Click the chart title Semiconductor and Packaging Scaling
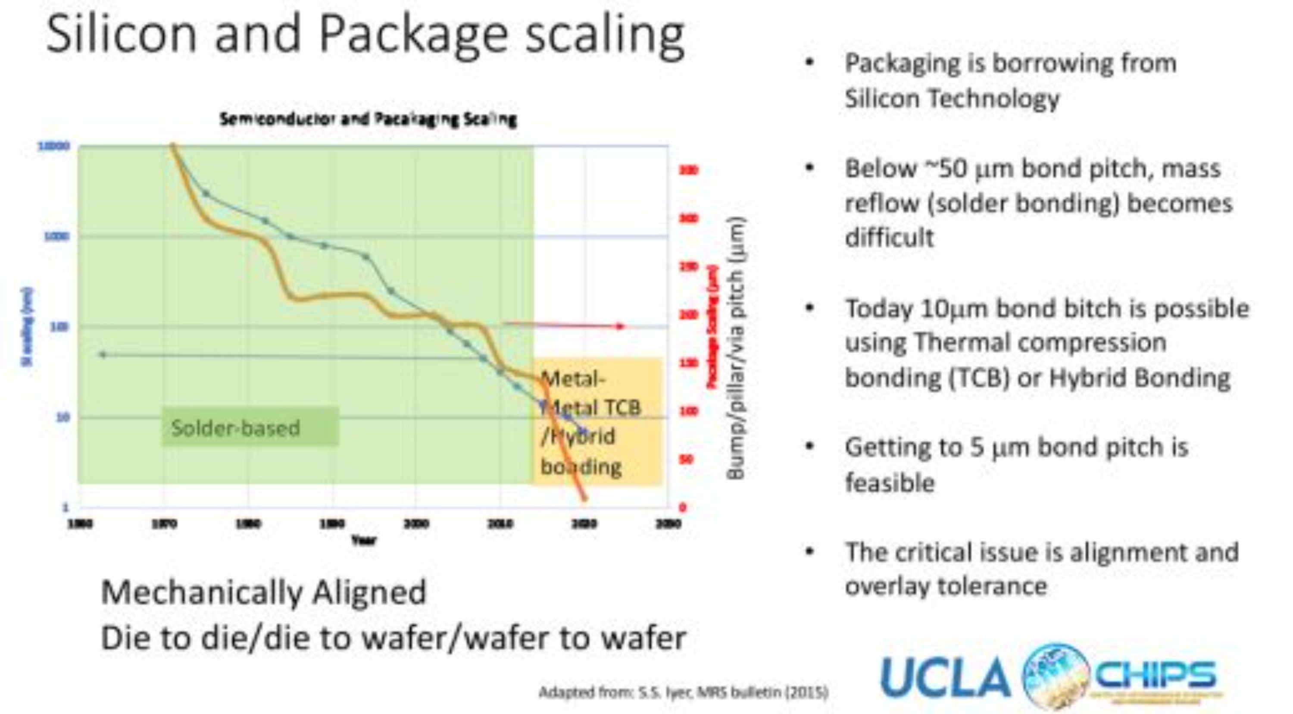click(368, 119)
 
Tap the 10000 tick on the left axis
click(54, 146)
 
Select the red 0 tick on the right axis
click(683, 507)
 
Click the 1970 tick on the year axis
click(164, 524)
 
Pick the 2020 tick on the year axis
click(584, 524)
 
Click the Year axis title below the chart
click(364, 540)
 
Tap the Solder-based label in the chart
click(235, 428)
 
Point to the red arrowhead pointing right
click(620, 326)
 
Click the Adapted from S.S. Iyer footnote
click(683, 692)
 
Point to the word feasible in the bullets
click(890, 482)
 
